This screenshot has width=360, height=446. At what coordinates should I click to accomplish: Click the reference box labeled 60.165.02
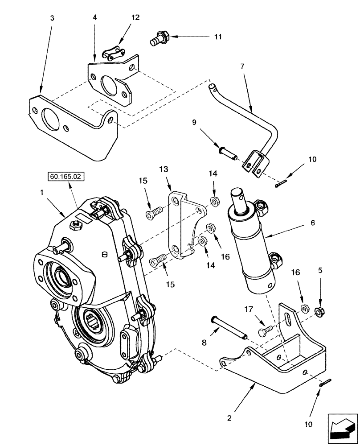(65, 177)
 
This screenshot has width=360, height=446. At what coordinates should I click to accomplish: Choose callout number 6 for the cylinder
(313, 223)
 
